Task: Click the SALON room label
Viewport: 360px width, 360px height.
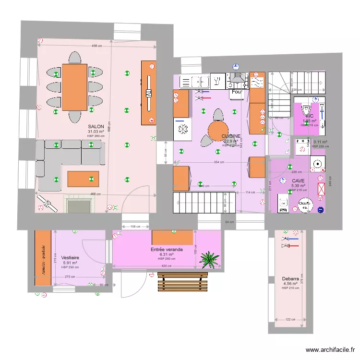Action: pyautogui.click(x=96, y=126)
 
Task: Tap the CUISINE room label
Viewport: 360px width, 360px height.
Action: pyautogui.click(x=231, y=136)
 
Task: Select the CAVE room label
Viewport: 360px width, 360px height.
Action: pyautogui.click(x=298, y=180)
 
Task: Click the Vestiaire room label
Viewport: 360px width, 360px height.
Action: pyautogui.click(x=71, y=257)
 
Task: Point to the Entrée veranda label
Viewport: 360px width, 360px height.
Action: pyautogui.click(x=167, y=250)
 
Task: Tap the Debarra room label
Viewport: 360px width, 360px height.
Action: pyautogui.click(x=291, y=278)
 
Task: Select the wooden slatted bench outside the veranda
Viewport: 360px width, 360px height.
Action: pyautogui.click(x=182, y=282)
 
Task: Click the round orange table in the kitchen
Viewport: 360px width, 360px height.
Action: pyautogui.click(x=217, y=130)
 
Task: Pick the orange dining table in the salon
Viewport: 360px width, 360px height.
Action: pyautogui.click(x=74, y=87)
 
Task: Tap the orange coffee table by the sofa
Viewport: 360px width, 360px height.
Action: pyautogui.click(x=83, y=179)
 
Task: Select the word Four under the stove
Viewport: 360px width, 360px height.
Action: pyautogui.click(x=237, y=92)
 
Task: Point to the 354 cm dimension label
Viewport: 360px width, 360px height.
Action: pyautogui.click(x=218, y=163)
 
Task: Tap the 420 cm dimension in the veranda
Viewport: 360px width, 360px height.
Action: pyautogui.click(x=166, y=266)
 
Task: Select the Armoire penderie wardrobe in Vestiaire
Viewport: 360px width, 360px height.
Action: pyautogui.click(x=43, y=258)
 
